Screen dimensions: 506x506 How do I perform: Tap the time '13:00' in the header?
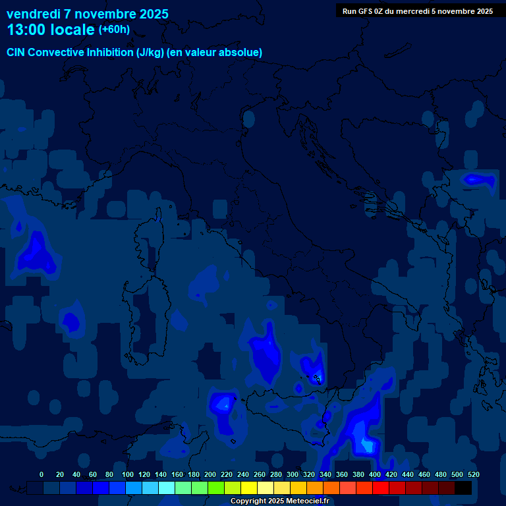28,30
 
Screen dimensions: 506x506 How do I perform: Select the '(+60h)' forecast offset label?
114,29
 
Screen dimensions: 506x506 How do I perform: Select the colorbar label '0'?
42,474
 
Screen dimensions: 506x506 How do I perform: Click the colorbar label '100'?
128,474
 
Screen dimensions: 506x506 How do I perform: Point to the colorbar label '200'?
210,474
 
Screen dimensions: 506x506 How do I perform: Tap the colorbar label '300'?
293,474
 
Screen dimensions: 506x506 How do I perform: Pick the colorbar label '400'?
375,474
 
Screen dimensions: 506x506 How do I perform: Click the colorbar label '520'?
474,474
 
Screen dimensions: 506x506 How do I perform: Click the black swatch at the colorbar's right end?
463,488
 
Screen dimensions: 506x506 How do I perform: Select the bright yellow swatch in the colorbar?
249,488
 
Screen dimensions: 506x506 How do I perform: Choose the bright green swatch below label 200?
216,488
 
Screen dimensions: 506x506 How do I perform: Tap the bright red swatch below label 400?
381,488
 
